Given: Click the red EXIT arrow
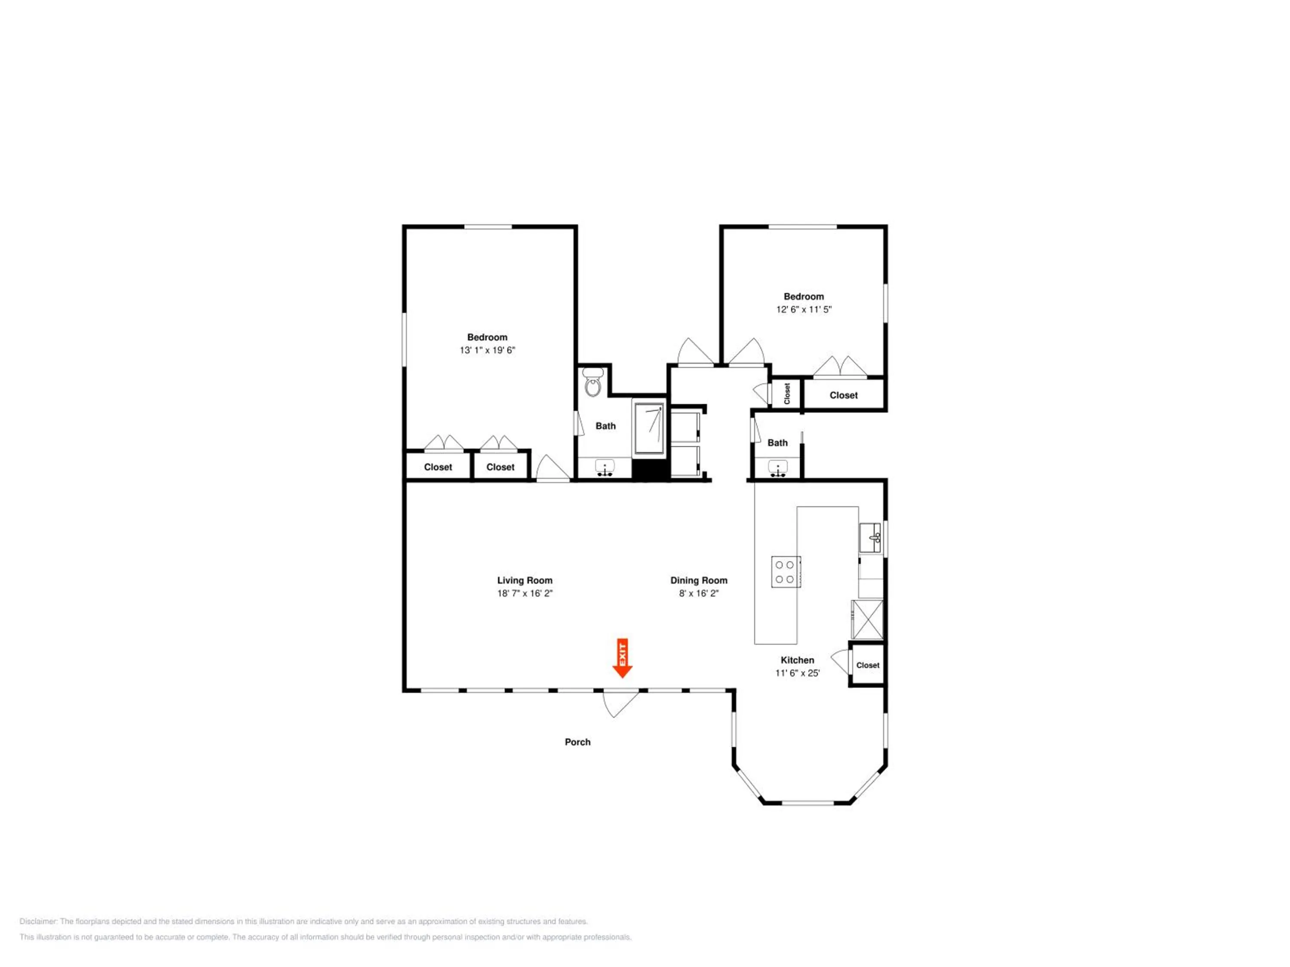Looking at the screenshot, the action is tap(622, 658).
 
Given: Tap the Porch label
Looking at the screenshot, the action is tap(577, 742).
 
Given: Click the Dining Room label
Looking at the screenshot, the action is tap(699, 581).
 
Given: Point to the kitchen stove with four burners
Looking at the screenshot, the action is tap(786, 572).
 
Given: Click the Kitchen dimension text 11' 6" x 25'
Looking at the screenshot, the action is tap(797, 673).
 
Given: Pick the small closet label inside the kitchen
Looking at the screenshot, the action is tap(868, 665).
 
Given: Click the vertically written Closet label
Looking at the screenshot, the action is tap(787, 393).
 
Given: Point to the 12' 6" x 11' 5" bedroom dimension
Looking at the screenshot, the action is tap(804, 309).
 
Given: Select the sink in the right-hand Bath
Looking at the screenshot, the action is tap(777, 468).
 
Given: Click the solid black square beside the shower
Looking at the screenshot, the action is tap(649, 469).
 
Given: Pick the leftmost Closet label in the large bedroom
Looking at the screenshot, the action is tap(438, 467).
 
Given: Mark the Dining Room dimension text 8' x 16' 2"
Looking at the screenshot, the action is tap(699, 594).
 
